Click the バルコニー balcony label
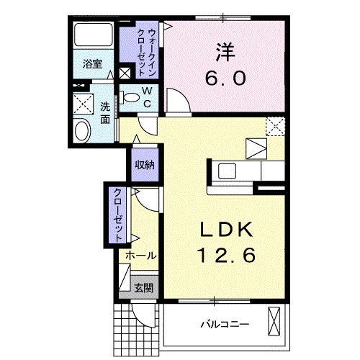click(224, 324)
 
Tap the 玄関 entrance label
click(143, 287)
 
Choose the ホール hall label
click(141, 256)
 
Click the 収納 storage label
click(144, 165)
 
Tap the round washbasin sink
click(82, 131)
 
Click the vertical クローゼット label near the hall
click(116, 214)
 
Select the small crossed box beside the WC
click(125, 73)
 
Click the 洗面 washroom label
click(105, 113)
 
